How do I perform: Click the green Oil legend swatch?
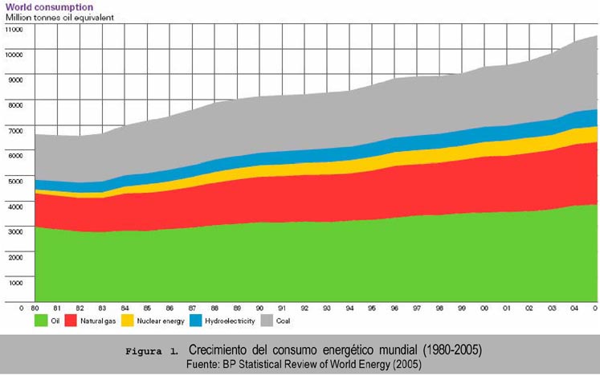tap(43, 321)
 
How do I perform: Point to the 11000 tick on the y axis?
tap(15, 29)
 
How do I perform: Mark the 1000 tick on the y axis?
tap(17, 283)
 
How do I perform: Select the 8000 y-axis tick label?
tap(17, 105)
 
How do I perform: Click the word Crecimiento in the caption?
tap(221, 351)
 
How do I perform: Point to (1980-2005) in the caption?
tap(445, 351)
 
